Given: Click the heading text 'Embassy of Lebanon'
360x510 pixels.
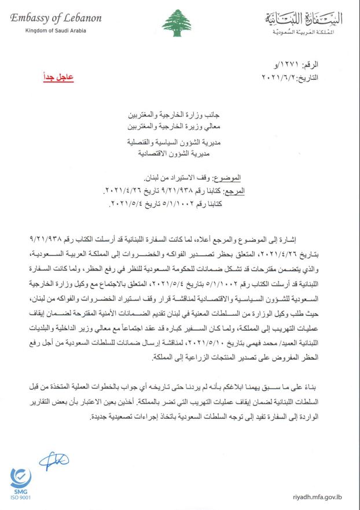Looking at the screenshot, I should (x=56, y=18).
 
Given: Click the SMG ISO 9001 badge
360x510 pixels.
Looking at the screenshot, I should (x=21, y=485).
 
